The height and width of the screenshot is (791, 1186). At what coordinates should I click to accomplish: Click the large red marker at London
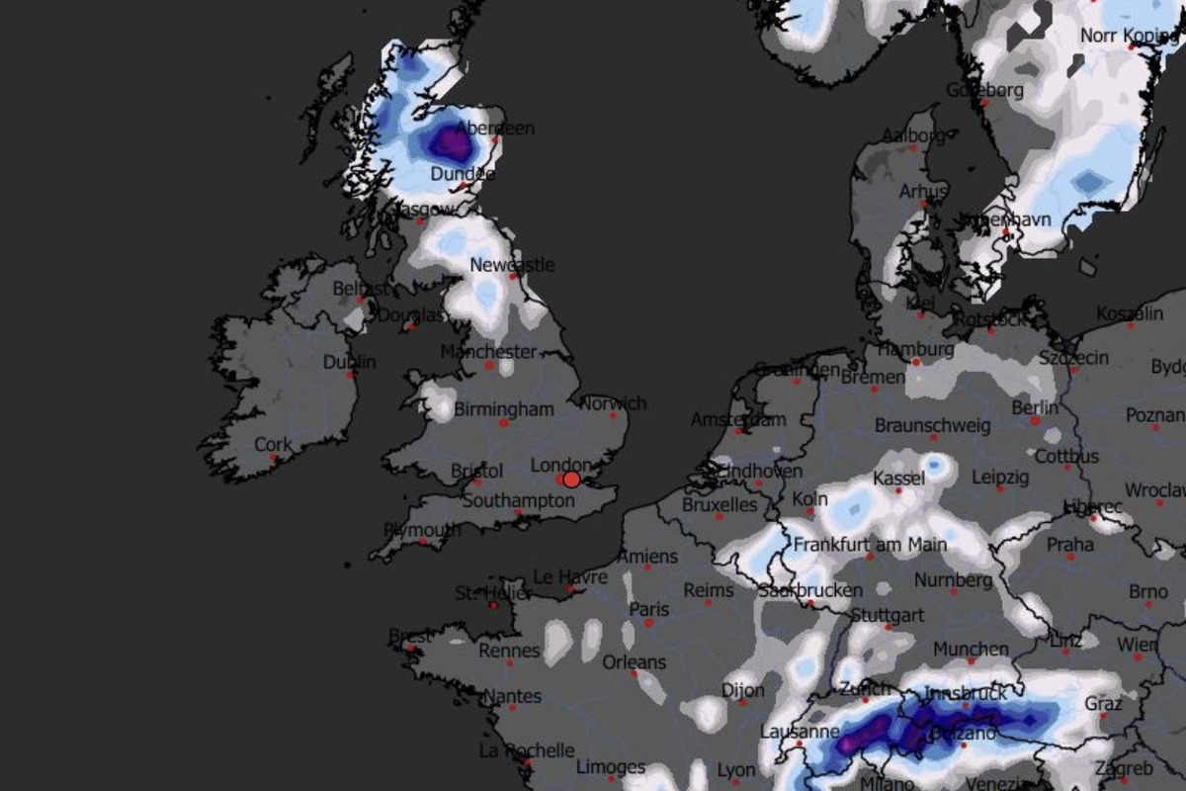point(571,480)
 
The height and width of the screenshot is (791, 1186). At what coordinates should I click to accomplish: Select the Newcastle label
point(512,265)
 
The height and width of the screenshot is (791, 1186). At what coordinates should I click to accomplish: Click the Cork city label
point(274,445)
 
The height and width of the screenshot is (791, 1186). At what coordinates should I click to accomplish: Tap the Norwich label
point(614,403)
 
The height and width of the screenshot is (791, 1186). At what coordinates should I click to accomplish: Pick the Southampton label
point(518,500)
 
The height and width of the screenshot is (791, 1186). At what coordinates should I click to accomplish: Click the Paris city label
point(649,609)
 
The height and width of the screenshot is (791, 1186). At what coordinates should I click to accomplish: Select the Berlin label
point(1035,407)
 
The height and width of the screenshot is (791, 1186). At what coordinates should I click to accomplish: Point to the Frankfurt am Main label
point(870,545)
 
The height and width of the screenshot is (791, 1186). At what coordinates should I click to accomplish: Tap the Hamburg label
point(915,350)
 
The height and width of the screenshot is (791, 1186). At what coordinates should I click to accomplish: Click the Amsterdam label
point(738,420)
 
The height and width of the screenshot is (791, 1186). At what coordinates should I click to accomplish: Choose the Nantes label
point(512,697)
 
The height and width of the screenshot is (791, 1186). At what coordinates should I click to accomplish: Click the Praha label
point(1070,545)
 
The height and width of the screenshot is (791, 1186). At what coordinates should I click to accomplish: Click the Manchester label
point(488,352)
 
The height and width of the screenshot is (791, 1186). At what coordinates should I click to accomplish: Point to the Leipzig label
point(1000,478)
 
